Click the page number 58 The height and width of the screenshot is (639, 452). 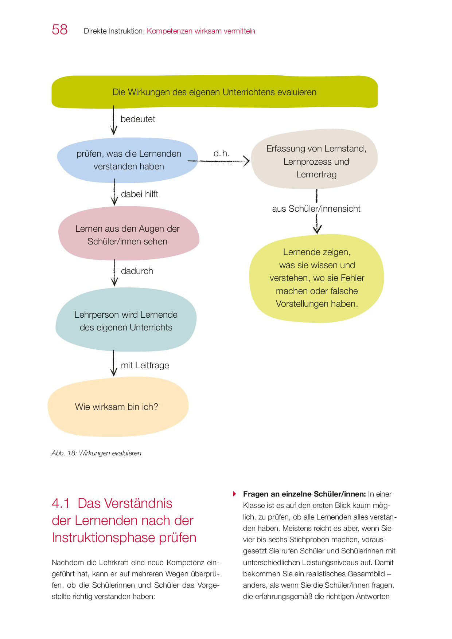60,30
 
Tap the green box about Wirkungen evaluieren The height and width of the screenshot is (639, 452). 214,92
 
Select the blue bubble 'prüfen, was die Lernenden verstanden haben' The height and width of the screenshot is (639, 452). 128,160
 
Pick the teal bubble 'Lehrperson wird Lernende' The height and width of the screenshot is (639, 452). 126,321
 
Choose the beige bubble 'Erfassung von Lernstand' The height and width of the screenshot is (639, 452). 316,161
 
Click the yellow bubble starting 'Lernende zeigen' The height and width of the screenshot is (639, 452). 316,278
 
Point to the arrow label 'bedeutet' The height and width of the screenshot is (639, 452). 138,119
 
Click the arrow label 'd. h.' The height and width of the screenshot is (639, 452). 222,153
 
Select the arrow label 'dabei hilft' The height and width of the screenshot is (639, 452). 140,194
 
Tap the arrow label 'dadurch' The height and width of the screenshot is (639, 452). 137,271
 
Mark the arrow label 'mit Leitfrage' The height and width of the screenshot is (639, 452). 145,365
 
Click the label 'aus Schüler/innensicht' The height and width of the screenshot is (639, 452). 316,209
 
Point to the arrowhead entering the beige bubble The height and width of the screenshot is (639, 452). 247,161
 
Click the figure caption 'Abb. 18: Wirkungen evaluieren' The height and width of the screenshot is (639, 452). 96,453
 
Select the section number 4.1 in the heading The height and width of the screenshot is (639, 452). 61,503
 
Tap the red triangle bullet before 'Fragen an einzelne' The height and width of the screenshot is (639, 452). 235,494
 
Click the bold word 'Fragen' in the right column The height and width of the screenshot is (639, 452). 256,494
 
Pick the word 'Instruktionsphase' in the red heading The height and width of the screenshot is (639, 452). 104,538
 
